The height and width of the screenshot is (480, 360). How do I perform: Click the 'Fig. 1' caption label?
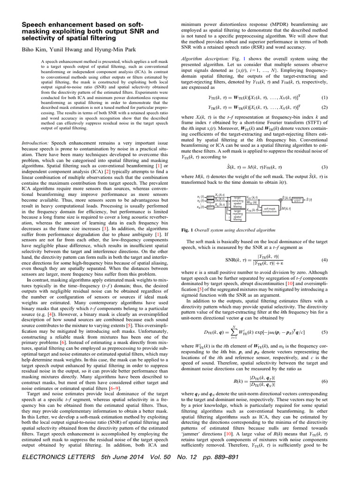[187, 230]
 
